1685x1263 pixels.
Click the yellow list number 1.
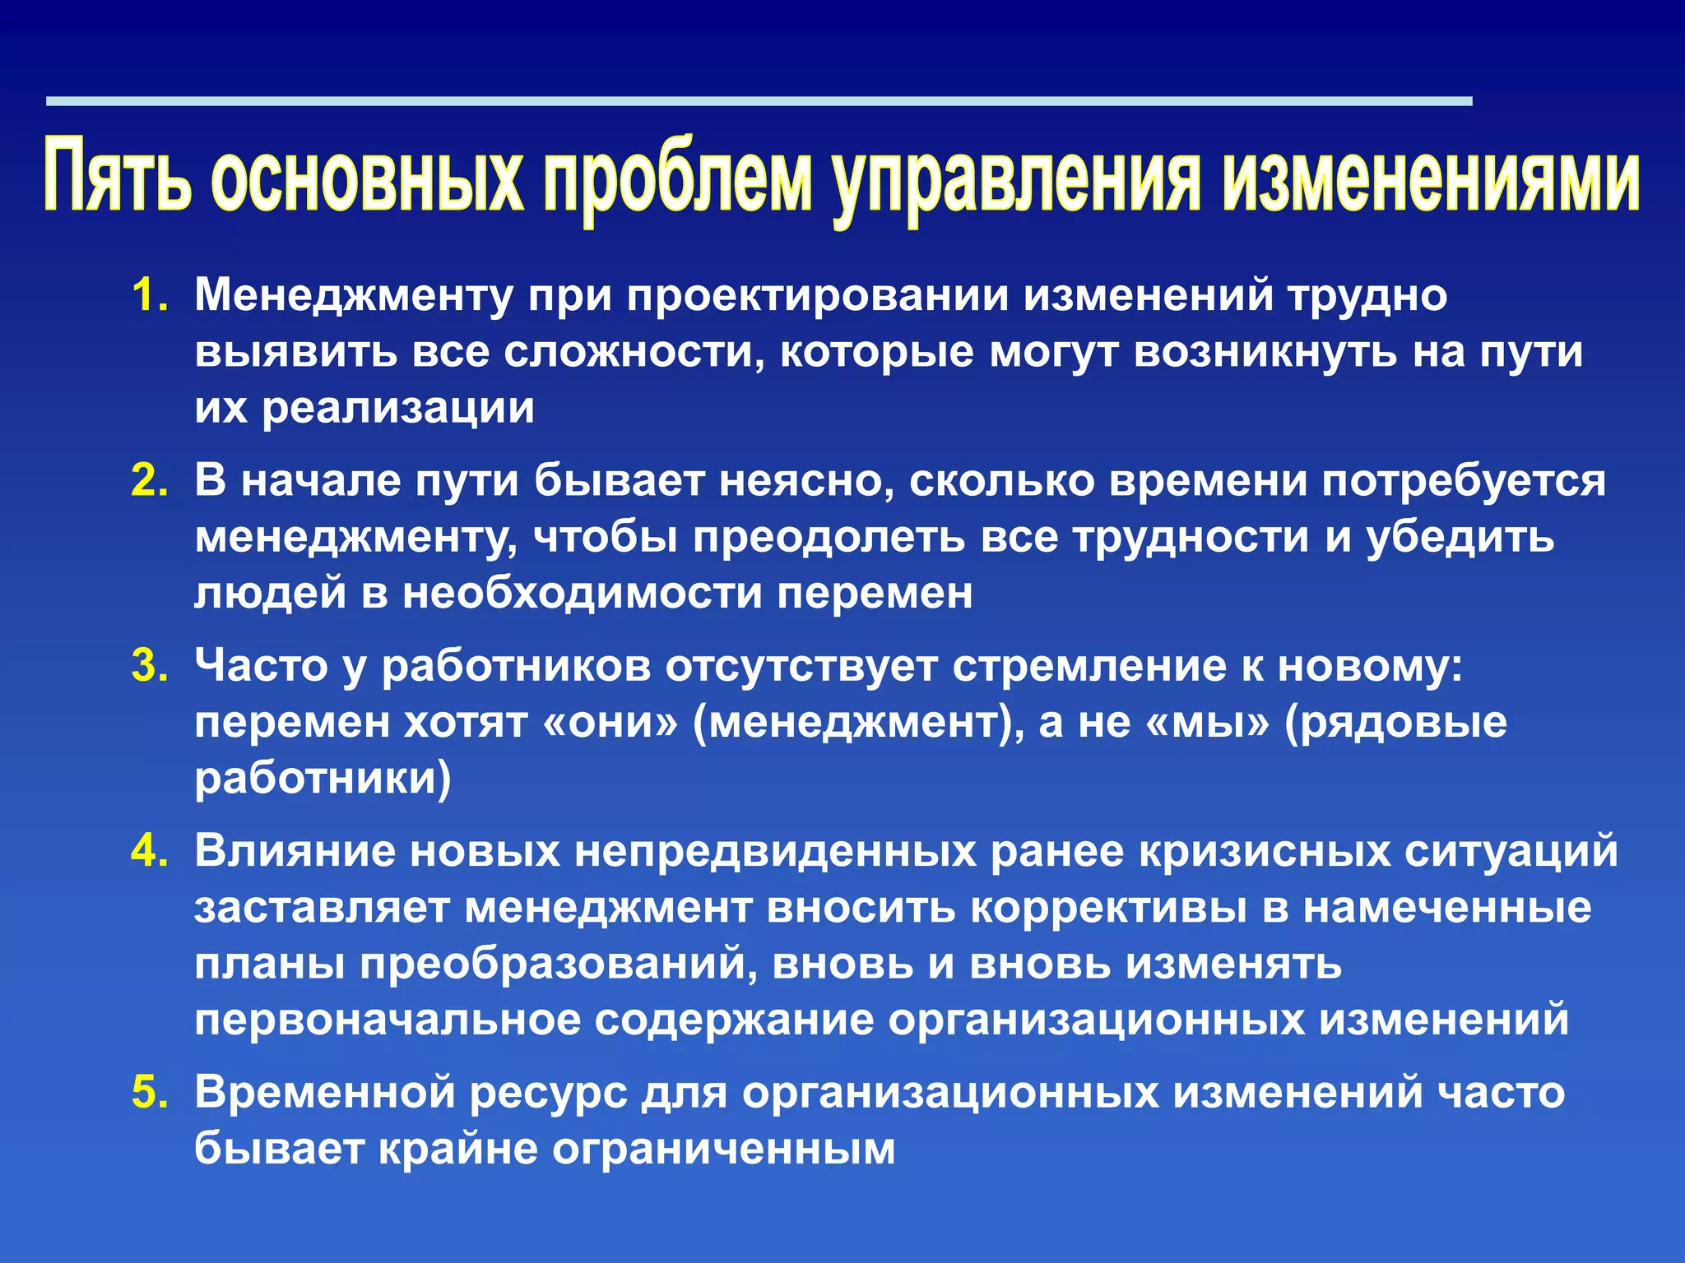coord(150,295)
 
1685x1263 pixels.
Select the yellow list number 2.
coord(150,480)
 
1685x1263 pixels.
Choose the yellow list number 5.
coord(150,1093)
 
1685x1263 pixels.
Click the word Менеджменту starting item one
coord(354,295)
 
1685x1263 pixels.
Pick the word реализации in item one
coord(398,408)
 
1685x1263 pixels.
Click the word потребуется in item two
coord(1464,480)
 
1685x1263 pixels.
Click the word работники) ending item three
coord(323,778)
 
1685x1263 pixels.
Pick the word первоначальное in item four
coord(388,1020)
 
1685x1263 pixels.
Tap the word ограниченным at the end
coord(723,1149)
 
